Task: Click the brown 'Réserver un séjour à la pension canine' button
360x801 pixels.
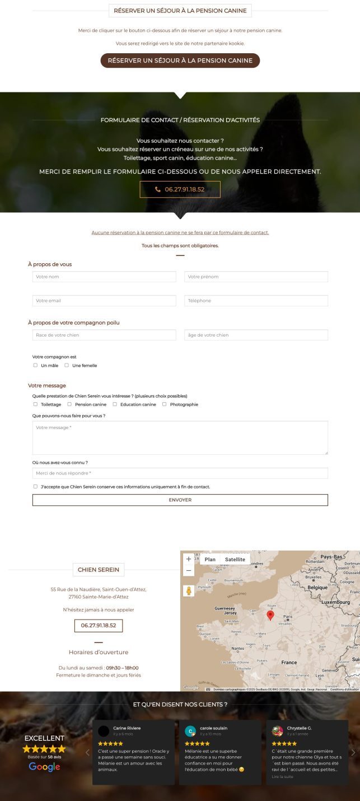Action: pos(180,60)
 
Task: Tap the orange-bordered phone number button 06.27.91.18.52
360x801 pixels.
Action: pos(180,189)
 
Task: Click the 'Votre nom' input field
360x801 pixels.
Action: pos(104,277)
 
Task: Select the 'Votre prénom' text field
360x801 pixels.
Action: pos(256,277)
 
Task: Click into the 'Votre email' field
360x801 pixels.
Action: pos(104,301)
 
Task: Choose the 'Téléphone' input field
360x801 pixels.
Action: pos(256,301)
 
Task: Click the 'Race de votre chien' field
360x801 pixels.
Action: pos(104,335)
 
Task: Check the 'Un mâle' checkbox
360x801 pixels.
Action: pos(35,365)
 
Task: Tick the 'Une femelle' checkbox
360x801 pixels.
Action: pos(67,365)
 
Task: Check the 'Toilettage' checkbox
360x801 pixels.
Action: pos(35,404)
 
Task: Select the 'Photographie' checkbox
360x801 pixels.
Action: pos(165,404)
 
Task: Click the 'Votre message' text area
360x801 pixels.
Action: pos(180,437)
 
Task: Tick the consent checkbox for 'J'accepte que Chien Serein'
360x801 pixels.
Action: pos(35,486)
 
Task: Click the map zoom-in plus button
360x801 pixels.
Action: pos(189,559)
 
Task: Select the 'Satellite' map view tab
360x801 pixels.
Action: pos(235,560)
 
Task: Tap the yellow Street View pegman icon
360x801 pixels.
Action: pos(189,591)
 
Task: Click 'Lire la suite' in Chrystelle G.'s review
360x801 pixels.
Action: pos(282,776)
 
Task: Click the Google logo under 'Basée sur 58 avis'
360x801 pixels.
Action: pos(44,767)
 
